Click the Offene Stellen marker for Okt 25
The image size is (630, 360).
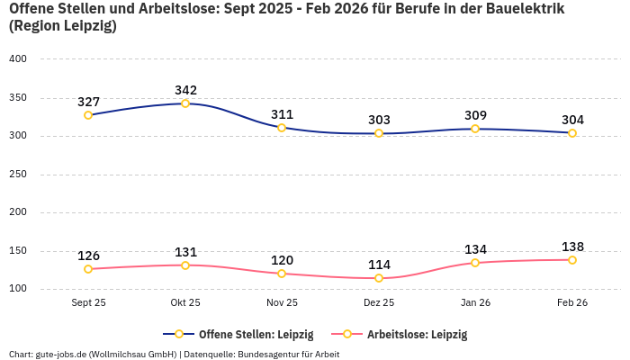pyautogui.click(x=185, y=103)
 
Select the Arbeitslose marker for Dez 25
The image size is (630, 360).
pyautogui.click(x=379, y=278)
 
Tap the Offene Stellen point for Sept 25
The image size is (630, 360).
pyautogui.click(x=88, y=115)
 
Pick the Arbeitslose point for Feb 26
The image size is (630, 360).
pyautogui.click(x=572, y=260)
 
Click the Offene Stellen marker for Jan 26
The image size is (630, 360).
pyautogui.click(x=475, y=129)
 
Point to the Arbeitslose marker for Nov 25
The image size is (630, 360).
pyautogui.click(x=282, y=274)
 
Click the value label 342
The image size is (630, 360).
pyautogui.click(x=185, y=90)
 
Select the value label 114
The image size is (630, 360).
pyautogui.click(x=379, y=265)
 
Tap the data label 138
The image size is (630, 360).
pyautogui.click(x=572, y=247)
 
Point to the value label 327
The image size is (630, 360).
pyautogui.click(x=88, y=102)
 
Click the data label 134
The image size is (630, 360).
pyautogui.click(x=475, y=249)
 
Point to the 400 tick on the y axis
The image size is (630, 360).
pyautogui.click(x=18, y=59)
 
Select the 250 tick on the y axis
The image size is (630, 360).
pyautogui.click(x=18, y=175)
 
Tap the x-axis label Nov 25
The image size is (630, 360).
pyautogui.click(x=282, y=302)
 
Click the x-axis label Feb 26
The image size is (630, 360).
pyautogui.click(x=572, y=302)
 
